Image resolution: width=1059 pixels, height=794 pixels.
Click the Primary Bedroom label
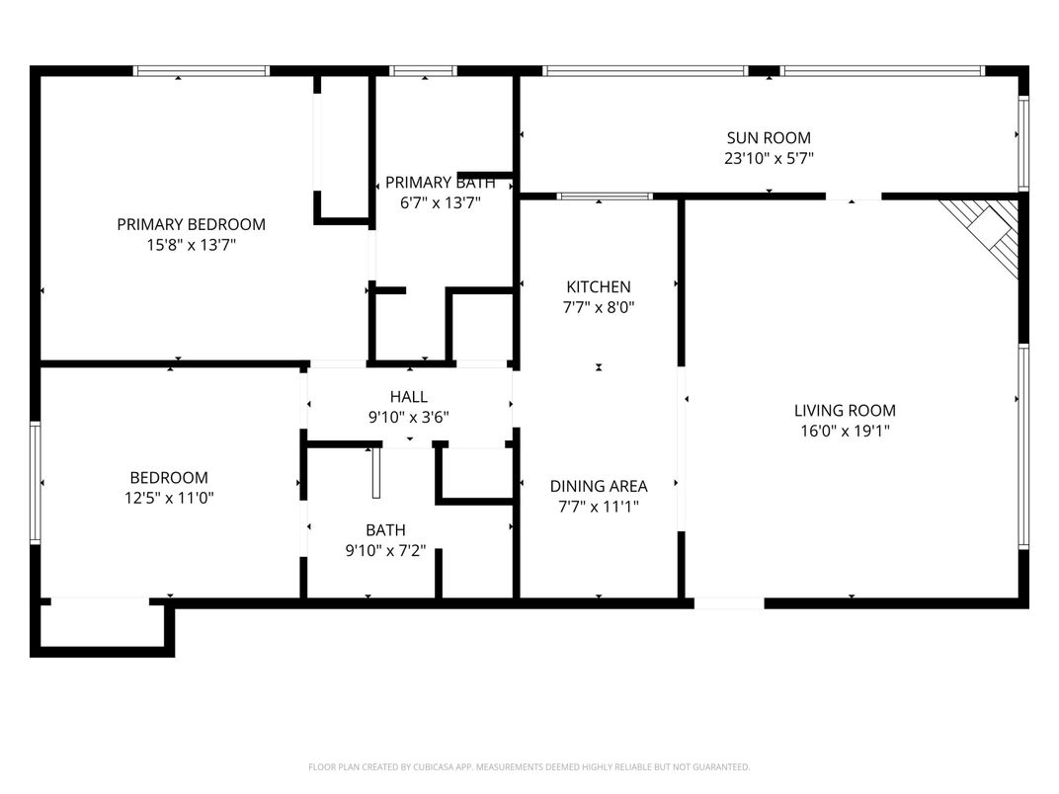(x=191, y=224)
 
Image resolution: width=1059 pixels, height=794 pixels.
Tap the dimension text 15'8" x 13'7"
(x=191, y=245)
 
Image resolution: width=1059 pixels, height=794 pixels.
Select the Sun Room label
(x=768, y=138)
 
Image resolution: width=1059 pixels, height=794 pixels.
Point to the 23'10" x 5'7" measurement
(x=768, y=158)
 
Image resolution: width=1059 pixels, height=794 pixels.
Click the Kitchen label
(x=598, y=287)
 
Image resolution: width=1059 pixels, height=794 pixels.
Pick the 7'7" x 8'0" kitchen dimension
(x=598, y=307)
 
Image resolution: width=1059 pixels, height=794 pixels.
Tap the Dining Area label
(x=599, y=486)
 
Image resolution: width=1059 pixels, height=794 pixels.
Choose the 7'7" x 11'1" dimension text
(x=599, y=507)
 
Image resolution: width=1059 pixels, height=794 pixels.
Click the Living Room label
(x=845, y=411)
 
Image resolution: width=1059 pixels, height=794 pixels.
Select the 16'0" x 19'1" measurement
(x=845, y=431)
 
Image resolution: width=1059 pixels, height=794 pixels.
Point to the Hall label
(x=408, y=397)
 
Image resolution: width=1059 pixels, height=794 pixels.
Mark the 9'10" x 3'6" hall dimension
(x=408, y=417)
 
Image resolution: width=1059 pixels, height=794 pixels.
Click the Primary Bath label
(x=433, y=182)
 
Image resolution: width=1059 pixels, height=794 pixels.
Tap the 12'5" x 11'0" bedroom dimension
(x=162, y=498)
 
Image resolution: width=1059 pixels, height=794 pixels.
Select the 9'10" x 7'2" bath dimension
(x=384, y=551)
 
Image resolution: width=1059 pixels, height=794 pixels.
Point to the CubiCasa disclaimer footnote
(x=529, y=766)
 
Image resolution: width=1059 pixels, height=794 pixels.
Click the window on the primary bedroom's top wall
(x=202, y=71)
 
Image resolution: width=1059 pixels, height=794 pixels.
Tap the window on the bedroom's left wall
(x=35, y=484)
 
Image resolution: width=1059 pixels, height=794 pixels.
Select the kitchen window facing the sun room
(x=605, y=197)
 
